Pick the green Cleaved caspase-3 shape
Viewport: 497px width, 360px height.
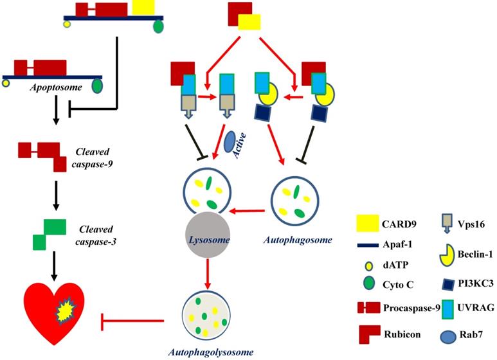49,234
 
